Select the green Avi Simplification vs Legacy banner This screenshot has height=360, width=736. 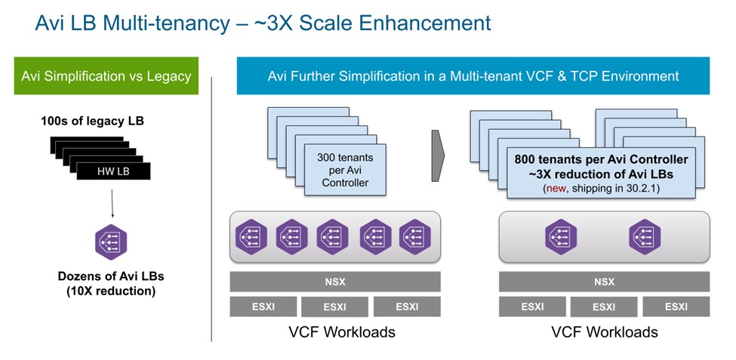pos(106,76)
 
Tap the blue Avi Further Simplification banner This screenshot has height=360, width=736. pos(473,76)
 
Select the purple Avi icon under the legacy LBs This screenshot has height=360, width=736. pos(111,242)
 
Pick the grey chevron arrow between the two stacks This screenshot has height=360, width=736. pos(437,155)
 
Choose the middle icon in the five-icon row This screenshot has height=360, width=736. pos(333,235)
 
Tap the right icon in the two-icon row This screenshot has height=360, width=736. pos(645,235)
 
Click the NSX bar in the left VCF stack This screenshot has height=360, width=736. pos(334,282)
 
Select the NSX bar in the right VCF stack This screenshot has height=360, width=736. pos(603,282)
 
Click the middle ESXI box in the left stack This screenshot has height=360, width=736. pos(334,306)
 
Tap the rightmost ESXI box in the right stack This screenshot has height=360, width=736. pos(675,306)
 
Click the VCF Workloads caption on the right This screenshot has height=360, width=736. pos(604,332)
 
